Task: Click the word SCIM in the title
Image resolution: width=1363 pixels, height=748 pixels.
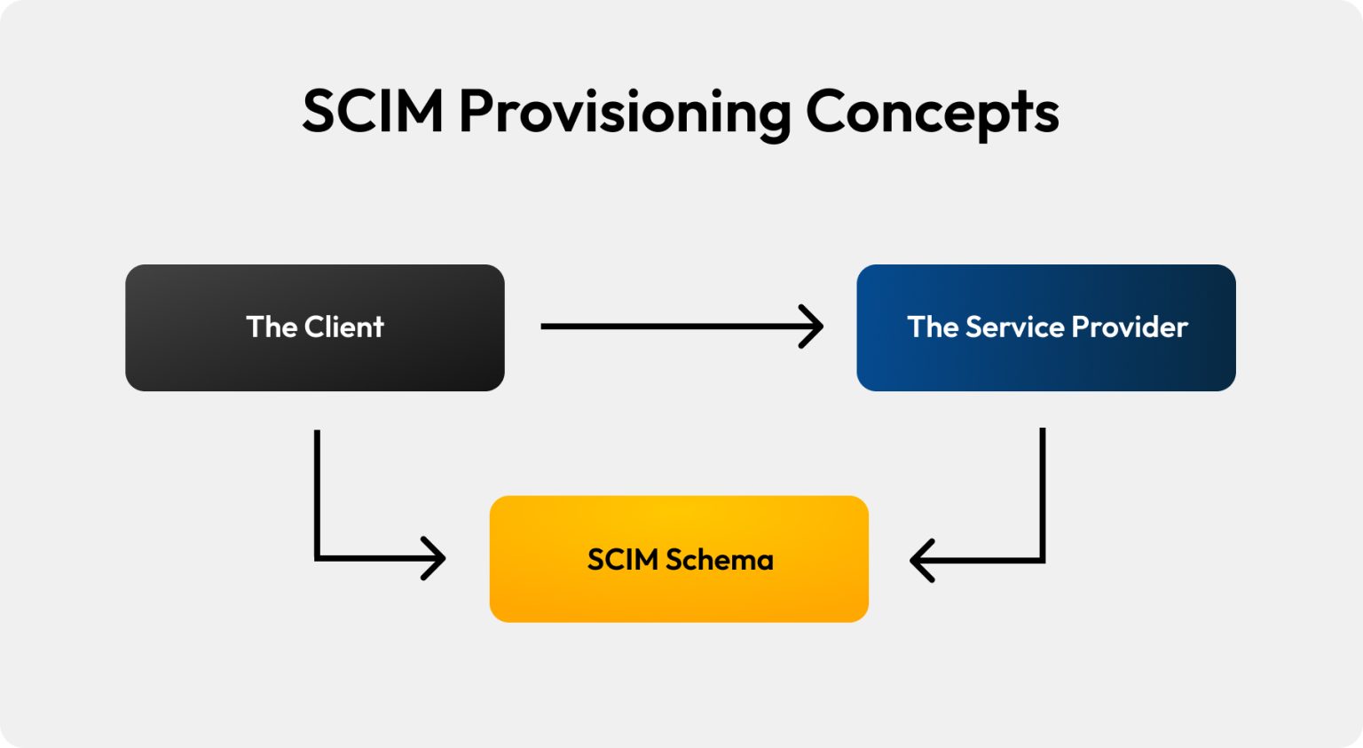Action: click(x=373, y=112)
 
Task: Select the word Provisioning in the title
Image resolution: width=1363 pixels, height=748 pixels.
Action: click(x=624, y=114)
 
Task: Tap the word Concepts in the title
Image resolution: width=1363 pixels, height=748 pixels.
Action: click(x=932, y=114)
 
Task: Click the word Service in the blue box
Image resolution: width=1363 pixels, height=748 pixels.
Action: click(x=1015, y=327)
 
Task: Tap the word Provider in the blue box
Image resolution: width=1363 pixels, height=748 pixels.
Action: click(x=1130, y=327)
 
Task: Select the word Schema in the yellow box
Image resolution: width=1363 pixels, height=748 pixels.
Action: click(x=720, y=560)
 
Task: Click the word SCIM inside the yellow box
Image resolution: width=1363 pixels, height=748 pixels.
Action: click(x=623, y=560)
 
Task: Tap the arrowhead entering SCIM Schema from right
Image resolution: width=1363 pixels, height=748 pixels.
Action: click(x=919, y=561)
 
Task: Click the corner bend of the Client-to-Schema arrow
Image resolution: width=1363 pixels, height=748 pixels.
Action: click(x=318, y=558)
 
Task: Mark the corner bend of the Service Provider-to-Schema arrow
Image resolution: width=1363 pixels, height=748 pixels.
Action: click(x=1043, y=561)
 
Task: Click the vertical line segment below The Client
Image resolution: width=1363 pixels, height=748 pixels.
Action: click(x=317, y=492)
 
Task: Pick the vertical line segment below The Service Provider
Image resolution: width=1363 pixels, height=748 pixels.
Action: click(x=1043, y=492)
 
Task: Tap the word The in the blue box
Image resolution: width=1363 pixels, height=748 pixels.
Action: click(x=933, y=327)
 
